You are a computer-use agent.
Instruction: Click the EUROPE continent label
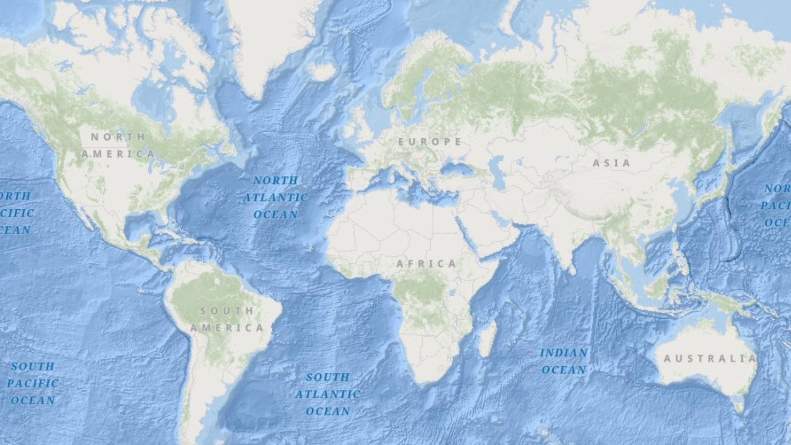430,142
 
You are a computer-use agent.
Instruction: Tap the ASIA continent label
611,163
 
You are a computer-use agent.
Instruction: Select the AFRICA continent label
426,264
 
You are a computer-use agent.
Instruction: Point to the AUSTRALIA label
709,359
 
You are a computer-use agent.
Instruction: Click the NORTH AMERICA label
118,145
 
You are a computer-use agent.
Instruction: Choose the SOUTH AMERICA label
227,319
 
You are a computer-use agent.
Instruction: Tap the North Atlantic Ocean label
276,197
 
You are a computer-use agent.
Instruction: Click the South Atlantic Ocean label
328,394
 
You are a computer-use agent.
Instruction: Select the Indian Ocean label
564,361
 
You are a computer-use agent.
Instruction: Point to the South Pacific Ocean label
33,383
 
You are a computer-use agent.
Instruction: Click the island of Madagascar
487,339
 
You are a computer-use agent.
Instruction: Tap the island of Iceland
321,72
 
